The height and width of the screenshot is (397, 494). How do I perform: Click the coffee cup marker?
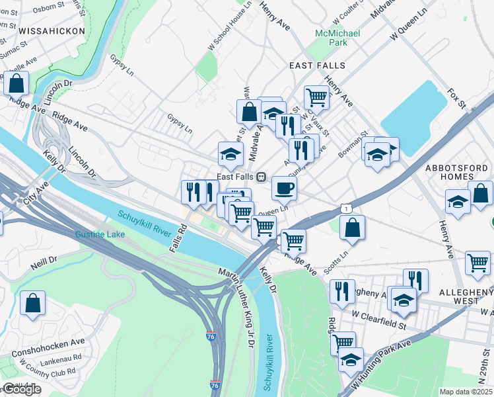[x=284, y=189]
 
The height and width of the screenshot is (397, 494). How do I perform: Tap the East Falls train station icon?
[x=262, y=177]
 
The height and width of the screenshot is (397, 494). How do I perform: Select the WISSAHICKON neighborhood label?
[x=52, y=31]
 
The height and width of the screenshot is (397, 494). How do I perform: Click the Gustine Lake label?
[x=100, y=234]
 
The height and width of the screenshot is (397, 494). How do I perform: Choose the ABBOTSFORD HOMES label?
[x=458, y=175]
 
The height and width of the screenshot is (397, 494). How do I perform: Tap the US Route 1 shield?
[x=347, y=209]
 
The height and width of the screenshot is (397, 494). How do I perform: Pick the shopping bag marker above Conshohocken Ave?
[x=32, y=304]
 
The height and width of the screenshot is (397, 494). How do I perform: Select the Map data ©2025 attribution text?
[x=466, y=392]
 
